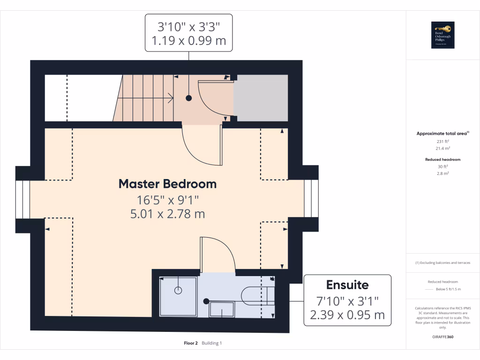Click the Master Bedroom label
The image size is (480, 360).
pos(167,184)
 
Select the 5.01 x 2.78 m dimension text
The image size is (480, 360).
pos(167,214)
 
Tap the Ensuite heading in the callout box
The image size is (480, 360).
pos(347,285)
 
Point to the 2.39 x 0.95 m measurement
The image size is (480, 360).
pos(347,315)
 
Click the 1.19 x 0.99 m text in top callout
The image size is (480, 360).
pos(189,41)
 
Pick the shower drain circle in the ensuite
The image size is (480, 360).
pos(178,291)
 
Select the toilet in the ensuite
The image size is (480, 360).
pos(255,296)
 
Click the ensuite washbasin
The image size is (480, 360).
pos(221,309)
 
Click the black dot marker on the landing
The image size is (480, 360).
pos(189,98)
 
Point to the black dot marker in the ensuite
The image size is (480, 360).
pos(206,301)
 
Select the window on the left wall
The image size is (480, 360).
pos(23,199)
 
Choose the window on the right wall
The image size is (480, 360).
pos(311,199)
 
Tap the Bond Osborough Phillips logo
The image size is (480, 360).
pos(443,35)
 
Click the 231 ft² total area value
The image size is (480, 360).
pos(443,141)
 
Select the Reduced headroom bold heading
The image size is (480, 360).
pos(443,159)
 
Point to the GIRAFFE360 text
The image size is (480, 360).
pos(443,337)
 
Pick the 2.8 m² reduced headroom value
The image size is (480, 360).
pos(443,173)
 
